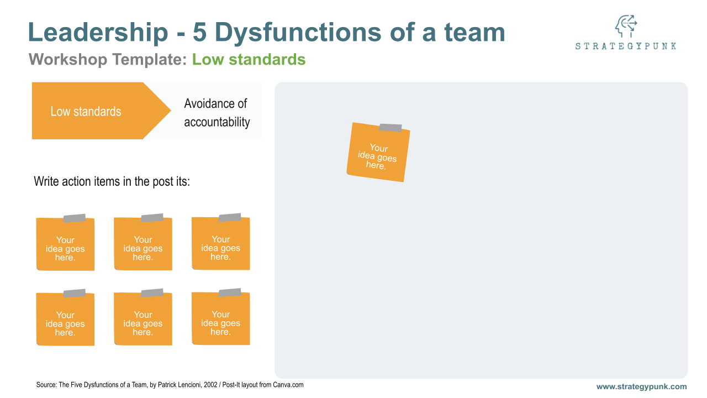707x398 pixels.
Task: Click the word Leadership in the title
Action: point(98,32)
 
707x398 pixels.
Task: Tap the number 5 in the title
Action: point(199,32)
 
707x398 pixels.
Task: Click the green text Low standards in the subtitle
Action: point(249,59)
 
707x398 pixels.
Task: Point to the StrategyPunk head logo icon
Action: point(626,26)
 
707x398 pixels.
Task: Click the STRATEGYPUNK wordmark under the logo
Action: point(626,46)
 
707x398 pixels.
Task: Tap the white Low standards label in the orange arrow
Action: point(86,112)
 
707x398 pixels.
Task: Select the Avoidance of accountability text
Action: point(217,113)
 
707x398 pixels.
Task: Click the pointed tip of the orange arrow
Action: point(171,111)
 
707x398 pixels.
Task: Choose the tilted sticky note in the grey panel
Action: point(378,153)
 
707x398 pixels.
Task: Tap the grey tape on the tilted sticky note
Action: point(390,128)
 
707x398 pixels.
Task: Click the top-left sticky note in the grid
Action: point(65,243)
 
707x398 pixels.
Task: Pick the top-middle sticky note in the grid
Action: point(143,243)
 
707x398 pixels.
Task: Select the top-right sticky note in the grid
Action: point(220,243)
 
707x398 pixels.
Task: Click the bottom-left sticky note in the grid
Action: point(65,318)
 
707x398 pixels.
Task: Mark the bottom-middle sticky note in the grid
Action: point(143,318)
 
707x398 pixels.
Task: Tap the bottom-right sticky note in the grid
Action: point(220,318)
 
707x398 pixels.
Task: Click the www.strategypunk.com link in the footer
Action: point(641,386)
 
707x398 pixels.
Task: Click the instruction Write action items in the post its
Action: point(112,182)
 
